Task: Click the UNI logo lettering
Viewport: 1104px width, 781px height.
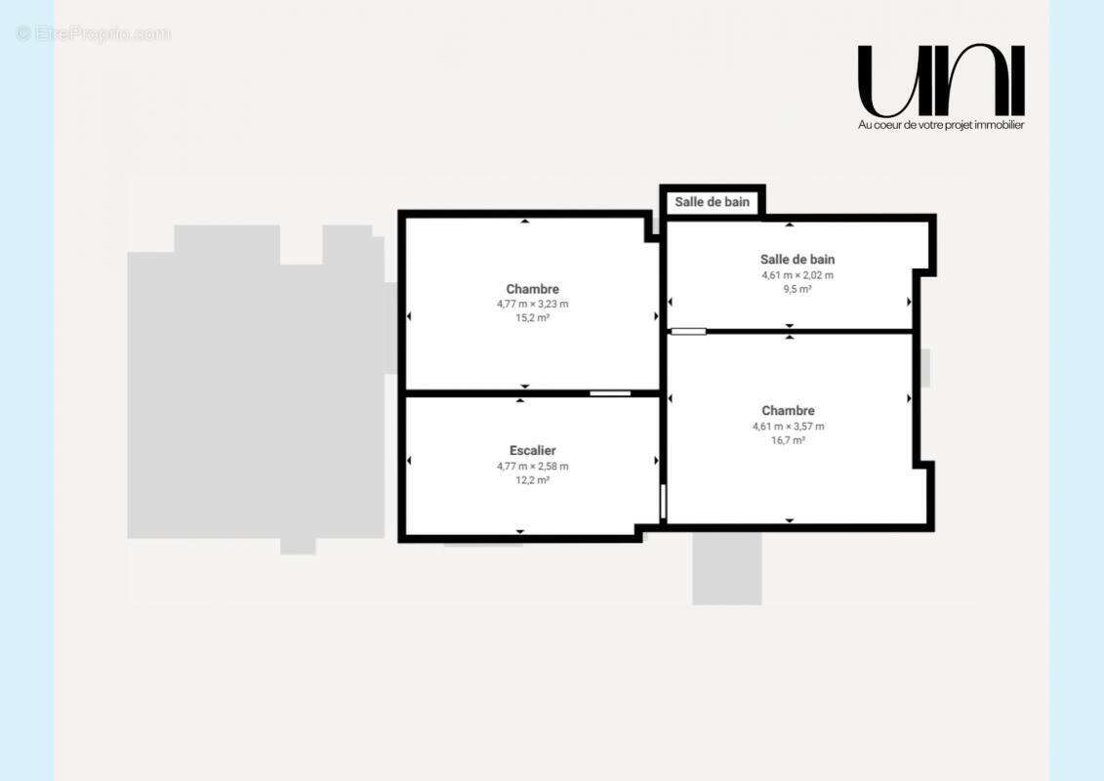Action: pos(941,81)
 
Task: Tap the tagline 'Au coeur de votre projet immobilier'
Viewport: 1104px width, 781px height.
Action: pos(941,125)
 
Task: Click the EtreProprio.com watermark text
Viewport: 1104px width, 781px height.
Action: pos(93,34)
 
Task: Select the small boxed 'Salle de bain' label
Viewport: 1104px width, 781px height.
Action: pos(712,202)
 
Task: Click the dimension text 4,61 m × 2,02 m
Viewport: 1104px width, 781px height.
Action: pos(797,275)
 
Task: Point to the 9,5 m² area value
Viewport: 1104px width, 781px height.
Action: pos(797,289)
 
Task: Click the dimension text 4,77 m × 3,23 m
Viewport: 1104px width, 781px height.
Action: pos(532,305)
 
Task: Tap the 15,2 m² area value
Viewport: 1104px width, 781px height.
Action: pos(532,318)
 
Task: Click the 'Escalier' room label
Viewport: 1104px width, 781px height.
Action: pos(532,451)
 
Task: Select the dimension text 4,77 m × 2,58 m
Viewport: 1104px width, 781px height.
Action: pos(532,467)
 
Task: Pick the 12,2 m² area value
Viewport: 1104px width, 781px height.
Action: pos(532,480)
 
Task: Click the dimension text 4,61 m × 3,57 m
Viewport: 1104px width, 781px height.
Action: pos(788,427)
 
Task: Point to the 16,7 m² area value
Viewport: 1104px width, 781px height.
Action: pos(788,441)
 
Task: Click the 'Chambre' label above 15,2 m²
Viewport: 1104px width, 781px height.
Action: pos(532,289)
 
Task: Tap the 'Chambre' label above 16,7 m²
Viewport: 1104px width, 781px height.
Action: pos(788,411)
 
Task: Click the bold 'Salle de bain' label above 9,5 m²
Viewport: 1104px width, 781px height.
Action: pos(797,259)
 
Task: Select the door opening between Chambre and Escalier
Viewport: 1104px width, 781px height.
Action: pos(610,393)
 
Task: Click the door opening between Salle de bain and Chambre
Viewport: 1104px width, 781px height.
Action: pos(688,331)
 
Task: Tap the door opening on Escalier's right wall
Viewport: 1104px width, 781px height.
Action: pos(663,502)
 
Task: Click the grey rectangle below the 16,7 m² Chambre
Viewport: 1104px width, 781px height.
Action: pos(726,568)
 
